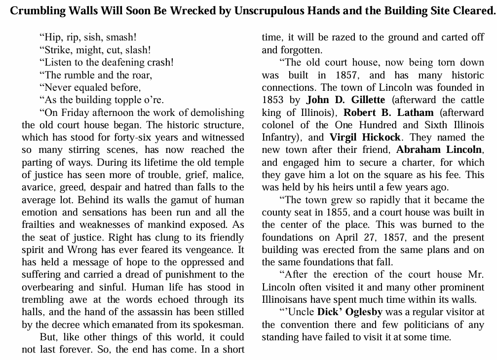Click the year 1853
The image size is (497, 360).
272,100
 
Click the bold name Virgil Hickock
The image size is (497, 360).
365,138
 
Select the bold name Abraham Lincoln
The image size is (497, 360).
440,150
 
